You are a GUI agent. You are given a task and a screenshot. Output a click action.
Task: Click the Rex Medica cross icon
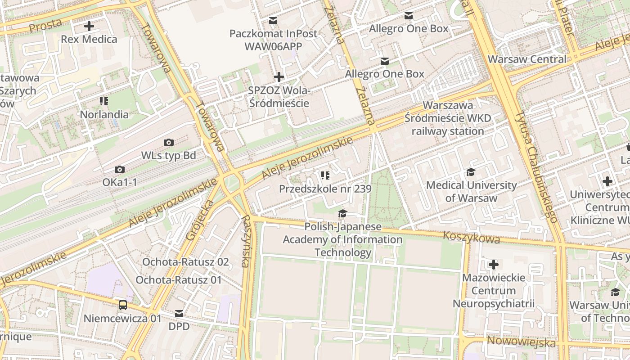pyautogui.click(x=89, y=26)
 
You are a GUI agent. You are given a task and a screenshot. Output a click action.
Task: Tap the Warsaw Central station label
pyautogui.click(x=527, y=59)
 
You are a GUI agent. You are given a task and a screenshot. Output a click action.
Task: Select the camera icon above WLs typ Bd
pyautogui.click(x=169, y=143)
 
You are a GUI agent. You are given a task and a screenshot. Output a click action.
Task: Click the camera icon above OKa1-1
pyautogui.click(x=119, y=170)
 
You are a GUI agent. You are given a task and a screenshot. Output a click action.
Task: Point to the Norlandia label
pyautogui.click(x=104, y=114)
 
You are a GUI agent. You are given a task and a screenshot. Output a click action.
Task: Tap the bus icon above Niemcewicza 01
pyautogui.click(x=122, y=305)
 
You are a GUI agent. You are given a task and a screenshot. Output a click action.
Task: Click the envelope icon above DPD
pyautogui.click(x=179, y=313)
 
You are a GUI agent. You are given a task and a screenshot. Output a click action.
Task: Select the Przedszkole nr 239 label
pyautogui.click(x=325, y=189)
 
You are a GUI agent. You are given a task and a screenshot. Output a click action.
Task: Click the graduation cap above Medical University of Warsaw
pyautogui.click(x=471, y=172)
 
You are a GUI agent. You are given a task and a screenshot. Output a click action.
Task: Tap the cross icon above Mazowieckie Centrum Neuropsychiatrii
pyautogui.click(x=494, y=265)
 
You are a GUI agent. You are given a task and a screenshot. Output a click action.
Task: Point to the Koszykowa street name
pyautogui.click(x=471, y=237)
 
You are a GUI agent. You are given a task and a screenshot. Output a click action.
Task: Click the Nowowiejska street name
pyautogui.click(x=521, y=342)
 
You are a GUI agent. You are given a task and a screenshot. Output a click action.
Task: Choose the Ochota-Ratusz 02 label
pyautogui.click(x=185, y=262)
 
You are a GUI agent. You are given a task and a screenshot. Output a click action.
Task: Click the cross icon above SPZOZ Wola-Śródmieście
pyautogui.click(x=279, y=77)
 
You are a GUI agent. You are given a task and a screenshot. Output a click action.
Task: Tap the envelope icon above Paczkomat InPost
pyautogui.click(x=273, y=20)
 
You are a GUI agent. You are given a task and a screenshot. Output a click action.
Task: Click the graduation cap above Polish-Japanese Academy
pyautogui.click(x=342, y=214)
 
